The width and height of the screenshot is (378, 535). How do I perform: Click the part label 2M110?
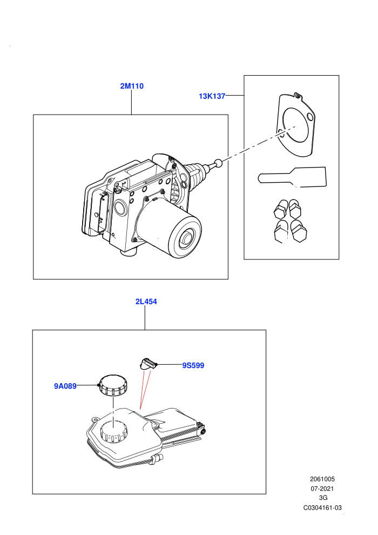point(132,86)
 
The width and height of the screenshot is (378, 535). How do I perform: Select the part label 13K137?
point(212,96)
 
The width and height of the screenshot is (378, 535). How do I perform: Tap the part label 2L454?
point(146,302)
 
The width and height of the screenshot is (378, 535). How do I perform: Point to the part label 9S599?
point(193,365)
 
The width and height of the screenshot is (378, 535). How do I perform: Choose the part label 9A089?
point(65,386)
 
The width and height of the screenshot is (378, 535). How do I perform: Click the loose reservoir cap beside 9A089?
point(113,385)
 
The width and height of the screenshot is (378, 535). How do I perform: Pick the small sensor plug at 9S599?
point(148,363)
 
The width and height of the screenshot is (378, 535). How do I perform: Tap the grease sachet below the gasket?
point(292,177)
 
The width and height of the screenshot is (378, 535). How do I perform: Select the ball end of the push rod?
point(219,163)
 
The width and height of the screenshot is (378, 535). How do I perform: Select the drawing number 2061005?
point(322,479)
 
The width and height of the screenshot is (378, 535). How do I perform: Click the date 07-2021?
point(322,489)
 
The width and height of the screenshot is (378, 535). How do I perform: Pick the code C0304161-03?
point(322,507)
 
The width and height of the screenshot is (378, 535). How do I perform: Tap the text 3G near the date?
point(323,498)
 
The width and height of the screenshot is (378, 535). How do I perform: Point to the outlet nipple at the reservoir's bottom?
point(157,458)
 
